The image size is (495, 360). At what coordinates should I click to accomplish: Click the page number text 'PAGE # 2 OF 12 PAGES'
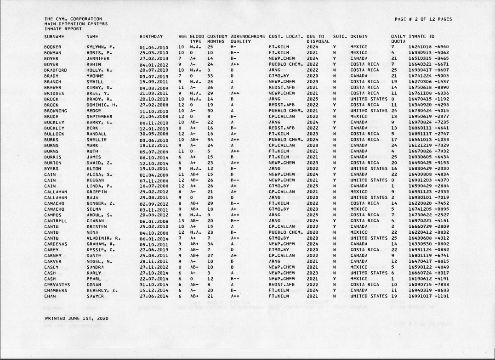(423, 19)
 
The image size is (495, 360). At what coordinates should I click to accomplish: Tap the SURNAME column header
(54, 36)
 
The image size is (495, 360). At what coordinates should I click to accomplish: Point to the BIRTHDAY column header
(151, 36)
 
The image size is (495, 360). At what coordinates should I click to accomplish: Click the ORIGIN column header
(358, 36)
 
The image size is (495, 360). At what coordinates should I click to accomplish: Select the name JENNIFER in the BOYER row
(98, 59)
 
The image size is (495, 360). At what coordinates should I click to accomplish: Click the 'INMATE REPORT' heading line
(60, 28)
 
